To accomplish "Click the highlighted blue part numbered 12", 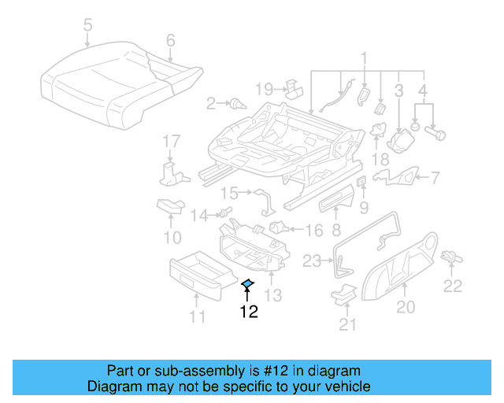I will coord(247,284).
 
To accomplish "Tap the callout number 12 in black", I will coord(248,312).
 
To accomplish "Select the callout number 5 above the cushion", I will coord(87,24).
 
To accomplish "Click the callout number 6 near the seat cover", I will coord(170,40).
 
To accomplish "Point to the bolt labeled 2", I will coord(235,103).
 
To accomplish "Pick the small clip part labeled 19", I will coord(294,87).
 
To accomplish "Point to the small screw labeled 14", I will coord(224,213).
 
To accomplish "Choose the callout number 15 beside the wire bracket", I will coord(228,193).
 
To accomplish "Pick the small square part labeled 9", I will coord(362,183).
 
